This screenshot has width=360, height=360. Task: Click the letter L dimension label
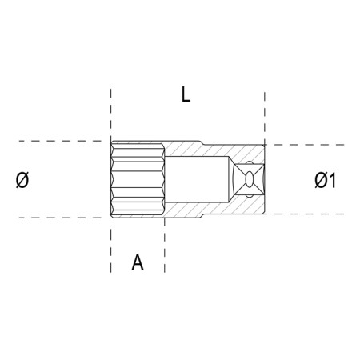click(x=186, y=95)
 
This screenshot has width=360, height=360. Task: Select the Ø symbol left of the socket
click(x=22, y=181)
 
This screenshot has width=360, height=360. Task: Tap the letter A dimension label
click(x=138, y=262)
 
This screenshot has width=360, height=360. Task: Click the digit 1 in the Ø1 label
click(x=330, y=182)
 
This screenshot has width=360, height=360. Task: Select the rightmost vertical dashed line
click(x=264, y=112)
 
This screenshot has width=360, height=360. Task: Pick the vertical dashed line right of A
click(x=165, y=248)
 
